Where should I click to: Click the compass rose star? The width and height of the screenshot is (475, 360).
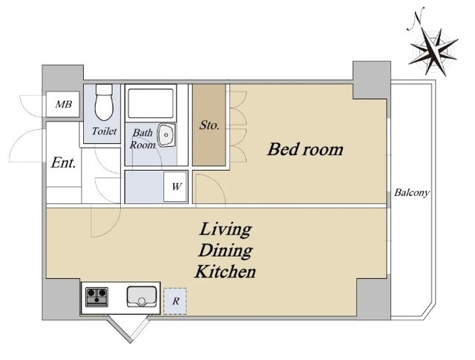pos(433,51)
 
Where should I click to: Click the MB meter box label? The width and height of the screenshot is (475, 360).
pos(64,105)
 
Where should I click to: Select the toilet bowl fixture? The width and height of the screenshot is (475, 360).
pos(104,102)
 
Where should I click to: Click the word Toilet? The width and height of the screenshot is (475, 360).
pos(104,131)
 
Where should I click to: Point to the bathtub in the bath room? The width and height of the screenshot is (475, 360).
pos(150,103)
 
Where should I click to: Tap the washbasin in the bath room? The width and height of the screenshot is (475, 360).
pos(166,135)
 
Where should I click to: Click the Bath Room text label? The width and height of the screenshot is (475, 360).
pos(142,139)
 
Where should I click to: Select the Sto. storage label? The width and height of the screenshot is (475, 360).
pos(209,125)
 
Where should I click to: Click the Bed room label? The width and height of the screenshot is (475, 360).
pos(305,149)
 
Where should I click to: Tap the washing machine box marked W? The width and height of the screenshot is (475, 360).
pos(175,186)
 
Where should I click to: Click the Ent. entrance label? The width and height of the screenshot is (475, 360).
pos(63,163)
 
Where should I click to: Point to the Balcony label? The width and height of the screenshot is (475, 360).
pos(412,193)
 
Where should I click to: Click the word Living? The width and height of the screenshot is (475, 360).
pos(226,229)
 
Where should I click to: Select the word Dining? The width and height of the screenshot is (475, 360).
pos(226,251)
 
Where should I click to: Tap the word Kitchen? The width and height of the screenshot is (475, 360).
pos(226,272)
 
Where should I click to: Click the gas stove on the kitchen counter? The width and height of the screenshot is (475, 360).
pos(96,297)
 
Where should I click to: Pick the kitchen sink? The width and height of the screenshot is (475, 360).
pos(142,296)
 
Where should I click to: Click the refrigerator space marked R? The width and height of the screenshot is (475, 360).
pos(175,301)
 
